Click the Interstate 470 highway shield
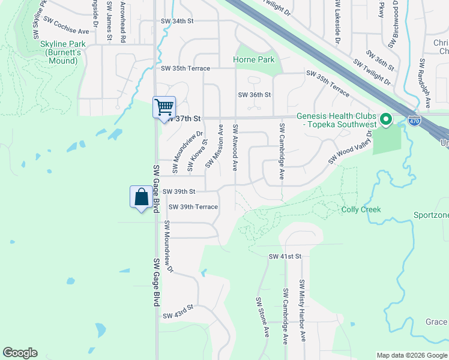414,121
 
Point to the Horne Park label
254,59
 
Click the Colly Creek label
361,209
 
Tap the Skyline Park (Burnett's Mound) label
59,53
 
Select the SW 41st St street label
284,256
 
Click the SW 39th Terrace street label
193,207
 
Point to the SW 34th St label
178,21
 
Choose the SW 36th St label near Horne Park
255,95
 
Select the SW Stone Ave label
263,316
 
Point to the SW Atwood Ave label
236,147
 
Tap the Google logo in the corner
20,353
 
